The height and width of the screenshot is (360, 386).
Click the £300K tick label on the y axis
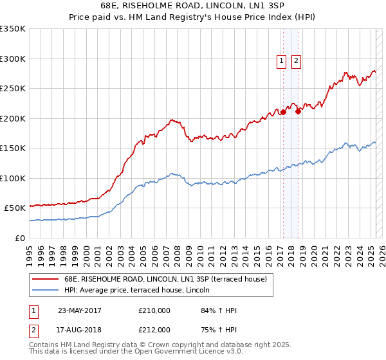(13, 59)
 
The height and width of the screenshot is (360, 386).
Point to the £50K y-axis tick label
(15, 208)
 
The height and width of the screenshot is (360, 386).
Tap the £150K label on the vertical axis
(13, 148)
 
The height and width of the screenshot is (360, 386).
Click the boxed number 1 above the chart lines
(282, 61)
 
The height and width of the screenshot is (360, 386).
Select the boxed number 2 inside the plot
(296, 61)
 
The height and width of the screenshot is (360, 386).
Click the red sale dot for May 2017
(283, 112)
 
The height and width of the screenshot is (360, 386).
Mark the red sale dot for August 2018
(298, 111)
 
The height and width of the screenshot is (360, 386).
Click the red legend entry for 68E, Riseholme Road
(160, 278)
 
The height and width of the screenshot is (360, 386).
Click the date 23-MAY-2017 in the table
(80, 310)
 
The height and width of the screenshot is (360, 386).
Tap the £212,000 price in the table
(154, 330)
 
